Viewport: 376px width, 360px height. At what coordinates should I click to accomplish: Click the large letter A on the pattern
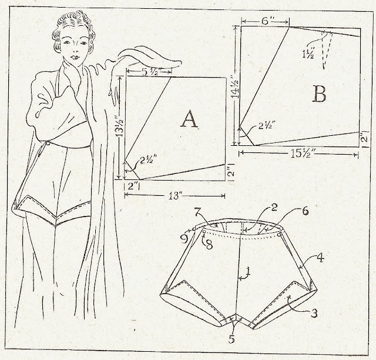click(x=189, y=119)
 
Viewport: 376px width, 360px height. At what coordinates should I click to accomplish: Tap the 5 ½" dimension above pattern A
click(x=149, y=71)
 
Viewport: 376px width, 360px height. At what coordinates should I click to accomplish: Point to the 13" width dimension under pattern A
click(x=174, y=196)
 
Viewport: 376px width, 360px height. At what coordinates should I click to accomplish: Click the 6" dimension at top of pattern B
click(x=265, y=21)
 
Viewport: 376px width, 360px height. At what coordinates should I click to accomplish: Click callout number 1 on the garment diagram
click(x=248, y=272)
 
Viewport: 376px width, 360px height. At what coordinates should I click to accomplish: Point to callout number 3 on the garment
click(x=314, y=313)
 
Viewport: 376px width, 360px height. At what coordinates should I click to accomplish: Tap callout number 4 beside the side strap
click(x=320, y=258)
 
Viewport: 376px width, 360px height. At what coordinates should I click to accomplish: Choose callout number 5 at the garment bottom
click(x=231, y=339)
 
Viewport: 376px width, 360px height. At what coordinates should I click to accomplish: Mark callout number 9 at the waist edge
click(x=184, y=239)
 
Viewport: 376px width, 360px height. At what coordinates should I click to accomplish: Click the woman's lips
click(x=75, y=58)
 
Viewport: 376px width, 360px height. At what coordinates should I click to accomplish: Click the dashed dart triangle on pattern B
click(x=327, y=49)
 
